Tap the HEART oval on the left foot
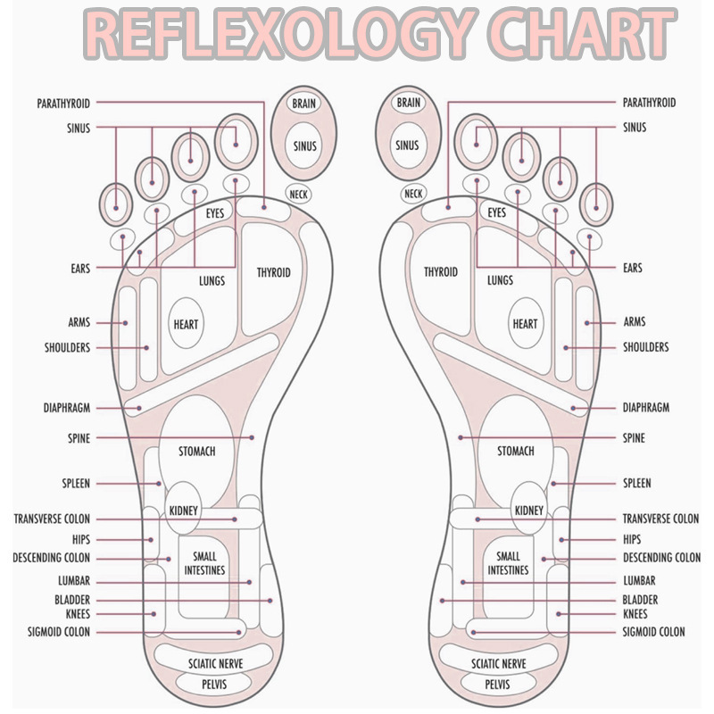(x=186, y=325)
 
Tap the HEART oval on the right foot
(x=525, y=325)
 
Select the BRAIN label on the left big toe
(x=303, y=104)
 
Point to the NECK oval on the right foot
(x=412, y=193)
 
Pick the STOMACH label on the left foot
(x=196, y=452)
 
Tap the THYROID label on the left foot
(x=273, y=272)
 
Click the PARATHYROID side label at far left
(x=63, y=104)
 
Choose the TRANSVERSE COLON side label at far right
(x=660, y=519)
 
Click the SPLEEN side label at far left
(x=76, y=483)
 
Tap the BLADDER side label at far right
(x=640, y=600)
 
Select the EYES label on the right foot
(x=496, y=213)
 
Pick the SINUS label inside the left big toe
(x=303, y=145)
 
